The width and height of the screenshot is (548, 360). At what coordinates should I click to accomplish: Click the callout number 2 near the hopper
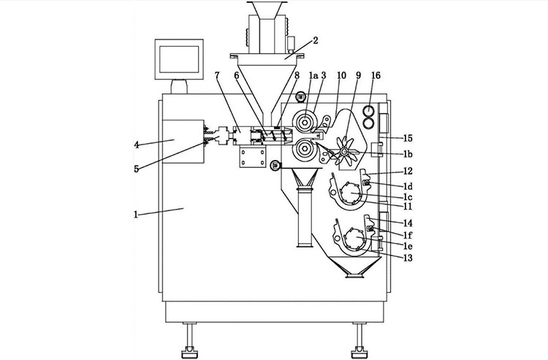click(x=315, y=41)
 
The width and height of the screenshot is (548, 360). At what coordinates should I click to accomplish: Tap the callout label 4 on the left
click(x=137, y=145)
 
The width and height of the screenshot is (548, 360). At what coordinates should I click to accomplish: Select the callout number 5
click(x=137, y=169)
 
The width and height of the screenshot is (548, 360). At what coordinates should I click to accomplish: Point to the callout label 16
click(x=376, y=75)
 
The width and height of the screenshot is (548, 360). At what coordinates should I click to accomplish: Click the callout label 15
click(x=408, y=137)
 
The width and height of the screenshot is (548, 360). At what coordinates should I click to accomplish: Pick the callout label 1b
click(x=408, y=155)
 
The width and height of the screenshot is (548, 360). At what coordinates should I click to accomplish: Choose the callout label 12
click(x=408, y=172)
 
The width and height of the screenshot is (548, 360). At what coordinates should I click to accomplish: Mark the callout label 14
click(x=408, y=222)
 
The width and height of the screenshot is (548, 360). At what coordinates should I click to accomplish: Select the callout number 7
click(x=217, y=75)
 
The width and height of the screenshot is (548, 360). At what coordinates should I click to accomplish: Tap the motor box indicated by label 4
click(x=180, y=139)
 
